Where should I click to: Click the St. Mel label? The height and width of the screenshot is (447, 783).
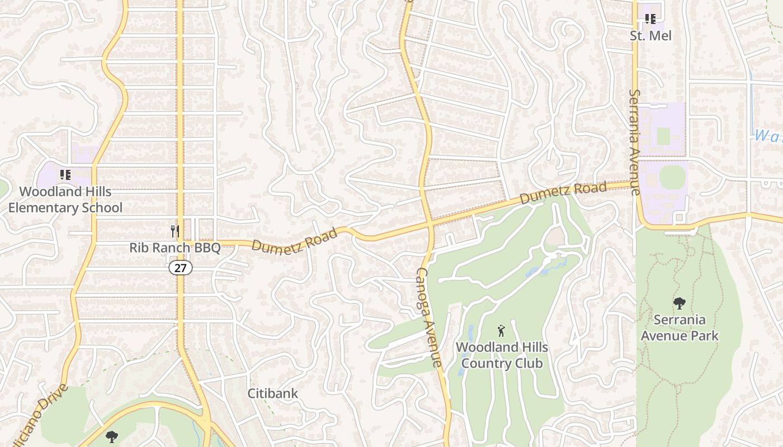(x=650, y=36)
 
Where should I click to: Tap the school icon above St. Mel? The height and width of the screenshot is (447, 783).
(x=650, y=20)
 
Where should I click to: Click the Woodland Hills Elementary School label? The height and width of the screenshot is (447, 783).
(x=65, y=199)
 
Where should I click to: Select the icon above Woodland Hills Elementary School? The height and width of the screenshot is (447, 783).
(x=65, y=175)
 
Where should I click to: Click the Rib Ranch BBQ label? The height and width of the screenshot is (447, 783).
(x=175, y=248)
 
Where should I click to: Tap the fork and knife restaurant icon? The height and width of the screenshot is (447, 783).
(x=175, y=230)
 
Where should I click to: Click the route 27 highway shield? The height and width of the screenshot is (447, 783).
(x=180, y=268)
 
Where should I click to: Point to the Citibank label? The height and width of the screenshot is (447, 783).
(x=273, y=393)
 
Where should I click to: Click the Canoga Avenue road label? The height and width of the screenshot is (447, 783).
(x=430, y=317)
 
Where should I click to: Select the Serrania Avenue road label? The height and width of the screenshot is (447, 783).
(x=634, y=142)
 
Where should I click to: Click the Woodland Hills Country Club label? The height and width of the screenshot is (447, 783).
(x=501, y=355)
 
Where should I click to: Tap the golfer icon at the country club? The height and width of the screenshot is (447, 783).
(x=501, y=331)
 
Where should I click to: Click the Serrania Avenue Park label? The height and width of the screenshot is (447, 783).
(x=680, y=328)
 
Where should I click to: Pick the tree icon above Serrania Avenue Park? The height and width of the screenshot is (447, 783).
(x=680, y=303)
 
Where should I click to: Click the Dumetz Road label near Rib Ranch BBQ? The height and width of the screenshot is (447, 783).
(x=294, y=239)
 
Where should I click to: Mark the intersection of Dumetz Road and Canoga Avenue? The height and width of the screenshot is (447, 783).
(x=430, y=225)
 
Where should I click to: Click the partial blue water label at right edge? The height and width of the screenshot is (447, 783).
(x=768, y=136)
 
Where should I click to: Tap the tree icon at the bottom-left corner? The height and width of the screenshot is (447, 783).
(x=112, y=436)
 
